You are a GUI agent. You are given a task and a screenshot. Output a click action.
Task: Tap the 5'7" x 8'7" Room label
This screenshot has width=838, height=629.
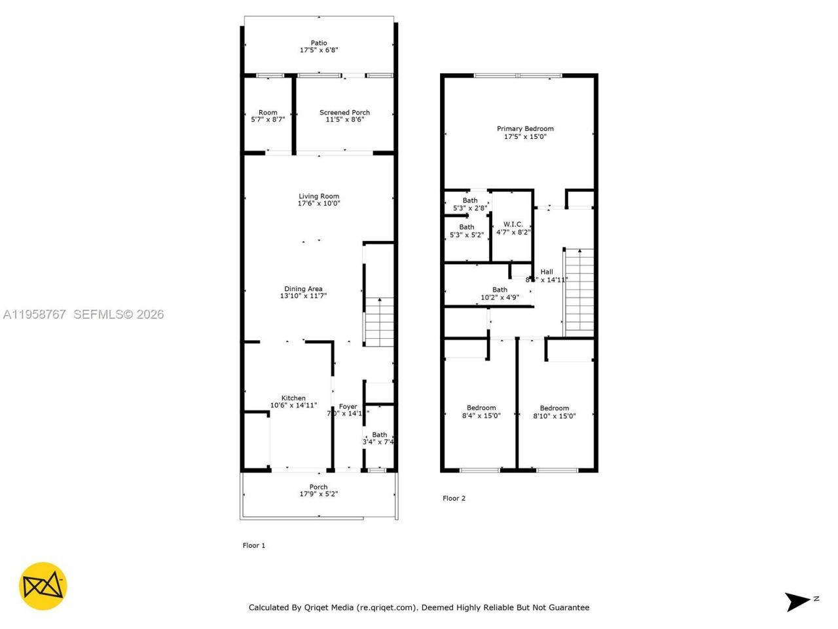pyautogui.click(x=268, y=117)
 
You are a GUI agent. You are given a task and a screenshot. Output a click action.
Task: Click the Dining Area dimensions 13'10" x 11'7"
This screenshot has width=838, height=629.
pyautogui.click(x=303, y=296)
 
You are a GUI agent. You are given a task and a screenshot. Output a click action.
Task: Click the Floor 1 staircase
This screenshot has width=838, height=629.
pyautogui.click(x=378, y=322)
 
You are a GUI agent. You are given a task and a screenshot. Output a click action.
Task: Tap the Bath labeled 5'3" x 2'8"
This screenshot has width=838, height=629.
pyautogui.click(x=470, y=204)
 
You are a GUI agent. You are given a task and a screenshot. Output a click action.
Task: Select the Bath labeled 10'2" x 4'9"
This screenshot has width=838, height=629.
pyautogui.click(x=500, y=294)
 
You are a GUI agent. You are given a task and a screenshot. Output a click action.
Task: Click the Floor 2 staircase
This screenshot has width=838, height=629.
pyautogui.click(x=579, y=292)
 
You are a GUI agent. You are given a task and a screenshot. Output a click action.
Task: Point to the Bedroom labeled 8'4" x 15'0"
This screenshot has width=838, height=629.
pyautogui.click(x=481, y=411)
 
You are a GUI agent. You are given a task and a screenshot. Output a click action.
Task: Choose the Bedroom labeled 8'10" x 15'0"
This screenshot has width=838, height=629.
pyautogui.click(x=555, y=411)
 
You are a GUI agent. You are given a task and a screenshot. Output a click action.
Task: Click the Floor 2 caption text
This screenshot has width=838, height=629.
pyautogui.click(x=454, y=499)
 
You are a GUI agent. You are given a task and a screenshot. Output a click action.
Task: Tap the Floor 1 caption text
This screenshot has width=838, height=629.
pyautogui.click(x=254, y=546)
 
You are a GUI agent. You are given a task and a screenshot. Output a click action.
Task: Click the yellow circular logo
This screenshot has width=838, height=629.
pyautogui.click(x=43, y=586)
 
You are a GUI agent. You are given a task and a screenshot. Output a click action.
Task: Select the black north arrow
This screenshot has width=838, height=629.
pyautogui.click(x=799, y=601)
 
